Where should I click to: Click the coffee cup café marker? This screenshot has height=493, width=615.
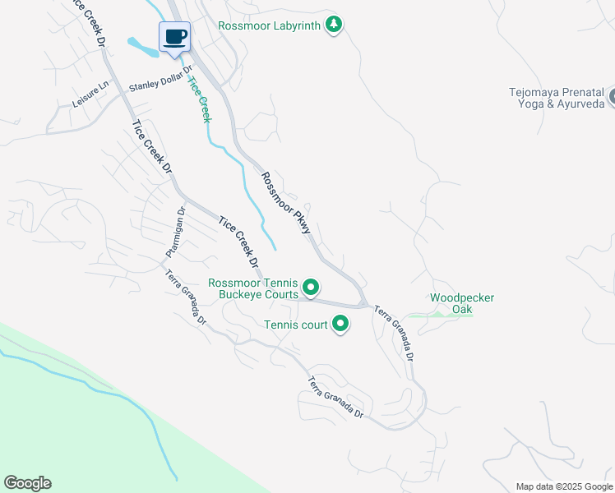click(x=174, y=37)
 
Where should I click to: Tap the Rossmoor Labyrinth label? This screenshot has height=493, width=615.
click(x=269, y=25)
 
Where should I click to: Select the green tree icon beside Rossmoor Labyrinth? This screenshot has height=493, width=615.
click(x=333, y=25)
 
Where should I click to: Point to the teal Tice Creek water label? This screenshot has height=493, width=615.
click(x=199, y=98)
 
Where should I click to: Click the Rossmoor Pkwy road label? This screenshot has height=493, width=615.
click(x=286, y=203)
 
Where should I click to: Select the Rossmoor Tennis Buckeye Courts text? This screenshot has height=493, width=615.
click(x=253, y=288)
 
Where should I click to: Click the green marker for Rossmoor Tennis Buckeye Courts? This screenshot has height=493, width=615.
click(x=311, y=288)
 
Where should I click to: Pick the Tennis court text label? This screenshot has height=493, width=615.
click(x=296, y=325)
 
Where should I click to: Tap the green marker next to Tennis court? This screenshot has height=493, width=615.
click(x=340, y=325)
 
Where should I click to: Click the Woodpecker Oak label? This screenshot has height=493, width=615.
click(x=462, y=303)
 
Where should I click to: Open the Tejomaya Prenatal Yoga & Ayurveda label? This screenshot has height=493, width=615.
click(x=561, y=99)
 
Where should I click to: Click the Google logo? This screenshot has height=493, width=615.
click(x=27, y=483)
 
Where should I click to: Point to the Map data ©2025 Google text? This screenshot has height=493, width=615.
click(x=564, y=486)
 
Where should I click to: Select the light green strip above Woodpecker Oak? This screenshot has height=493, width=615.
click(x=440, y=315)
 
